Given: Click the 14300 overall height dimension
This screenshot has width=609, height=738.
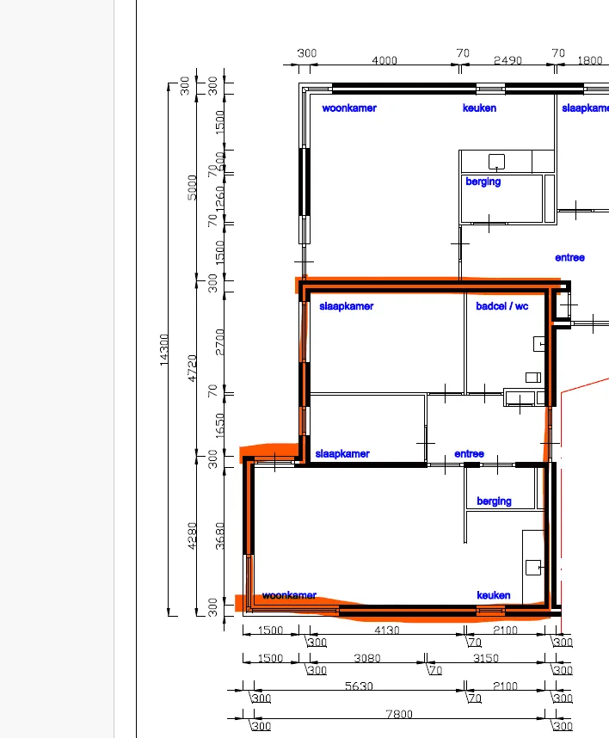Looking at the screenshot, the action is (163, 349).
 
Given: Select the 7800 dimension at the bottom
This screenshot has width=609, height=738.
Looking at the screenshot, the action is (399, 714).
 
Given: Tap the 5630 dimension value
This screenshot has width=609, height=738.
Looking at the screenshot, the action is (359, 686).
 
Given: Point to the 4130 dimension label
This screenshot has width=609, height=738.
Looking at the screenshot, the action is (386, 630).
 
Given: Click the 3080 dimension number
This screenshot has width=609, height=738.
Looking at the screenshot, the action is (367, 658).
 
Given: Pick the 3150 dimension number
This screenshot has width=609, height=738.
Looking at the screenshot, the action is (485, 658).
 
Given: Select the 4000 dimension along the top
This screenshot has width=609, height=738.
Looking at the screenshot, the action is (384, 60).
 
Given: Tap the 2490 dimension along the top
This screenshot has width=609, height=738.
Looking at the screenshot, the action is (507, 60).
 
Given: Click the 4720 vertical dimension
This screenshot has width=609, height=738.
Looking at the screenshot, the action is (192, 368).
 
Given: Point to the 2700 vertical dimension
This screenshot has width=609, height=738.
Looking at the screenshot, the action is (220, 342).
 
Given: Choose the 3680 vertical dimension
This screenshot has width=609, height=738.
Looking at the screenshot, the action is (220, 536).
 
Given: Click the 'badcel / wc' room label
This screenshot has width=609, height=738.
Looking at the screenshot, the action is (501, 306).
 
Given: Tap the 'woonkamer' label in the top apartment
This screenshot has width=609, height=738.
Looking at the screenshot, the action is (349, 108).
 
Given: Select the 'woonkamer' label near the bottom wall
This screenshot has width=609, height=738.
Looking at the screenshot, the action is (289, 595).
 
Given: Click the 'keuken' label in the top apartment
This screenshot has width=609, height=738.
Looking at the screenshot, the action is (479, 108).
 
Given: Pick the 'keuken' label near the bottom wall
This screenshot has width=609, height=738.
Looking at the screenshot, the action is (493, 595).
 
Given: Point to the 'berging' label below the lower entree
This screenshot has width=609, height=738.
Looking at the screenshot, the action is (494, 501).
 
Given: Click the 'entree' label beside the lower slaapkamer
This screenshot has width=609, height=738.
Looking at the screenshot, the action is (469, 453).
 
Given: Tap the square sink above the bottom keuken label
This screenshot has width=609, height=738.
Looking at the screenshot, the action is (533, 567).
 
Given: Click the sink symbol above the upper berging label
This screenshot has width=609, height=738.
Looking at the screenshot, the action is (496, 162).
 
